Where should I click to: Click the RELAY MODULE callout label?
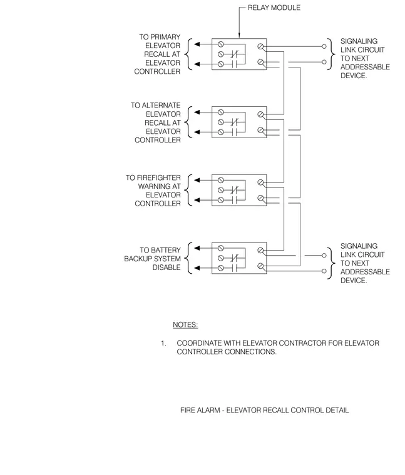(x=274, y=7)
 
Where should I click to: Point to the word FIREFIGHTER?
(x=158, y=178)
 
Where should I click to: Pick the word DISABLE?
(x=167, y=267)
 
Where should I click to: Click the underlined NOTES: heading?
(x=185, y=325)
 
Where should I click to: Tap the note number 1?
(x=163, y=343)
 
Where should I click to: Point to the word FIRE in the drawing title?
(x=187, y=410)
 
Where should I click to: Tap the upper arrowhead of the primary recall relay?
(x=197, y=44)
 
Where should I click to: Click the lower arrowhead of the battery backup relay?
(x=197, y=267)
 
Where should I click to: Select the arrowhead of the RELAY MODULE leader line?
(x=239, y=36)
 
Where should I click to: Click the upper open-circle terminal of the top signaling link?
(x=324, y=46)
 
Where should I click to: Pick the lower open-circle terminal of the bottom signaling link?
(x=324, y=271)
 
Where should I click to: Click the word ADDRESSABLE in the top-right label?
(x=365, y=67)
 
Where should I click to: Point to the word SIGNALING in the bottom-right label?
(x=359, y=246)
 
